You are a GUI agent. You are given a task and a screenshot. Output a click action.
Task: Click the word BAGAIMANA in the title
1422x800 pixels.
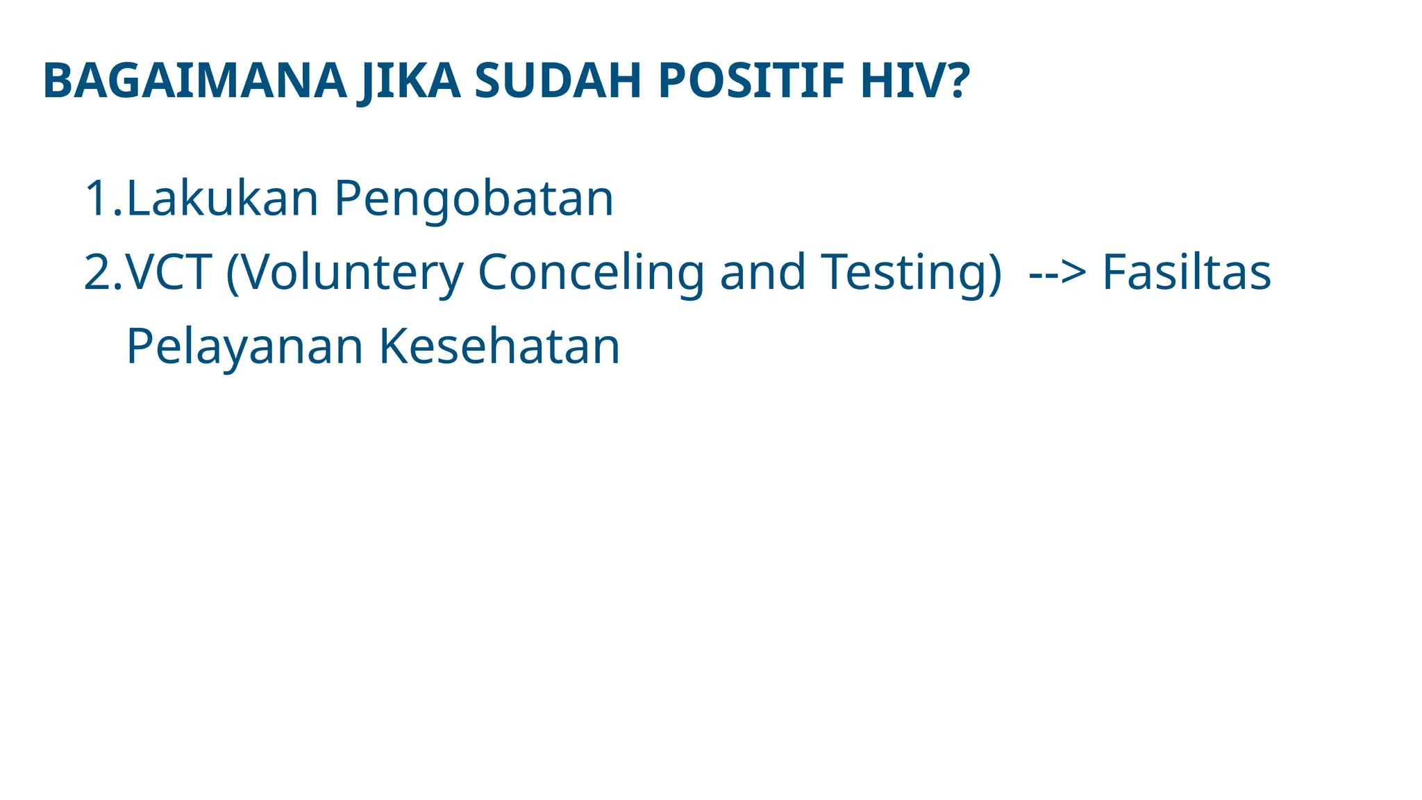pos(194,81)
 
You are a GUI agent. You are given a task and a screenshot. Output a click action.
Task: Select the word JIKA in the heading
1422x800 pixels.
pos(408,81)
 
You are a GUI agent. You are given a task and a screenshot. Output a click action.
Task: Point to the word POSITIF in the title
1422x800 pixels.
pos(751,81)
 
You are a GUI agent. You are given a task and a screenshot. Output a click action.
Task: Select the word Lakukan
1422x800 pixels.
pos(222,199)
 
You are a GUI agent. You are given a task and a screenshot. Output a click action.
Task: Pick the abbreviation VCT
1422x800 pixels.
pos(169,272)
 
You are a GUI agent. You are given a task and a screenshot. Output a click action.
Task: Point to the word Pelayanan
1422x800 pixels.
pos(244,347)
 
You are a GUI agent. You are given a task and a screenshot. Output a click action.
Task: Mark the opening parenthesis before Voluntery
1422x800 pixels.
pos(232,274)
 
